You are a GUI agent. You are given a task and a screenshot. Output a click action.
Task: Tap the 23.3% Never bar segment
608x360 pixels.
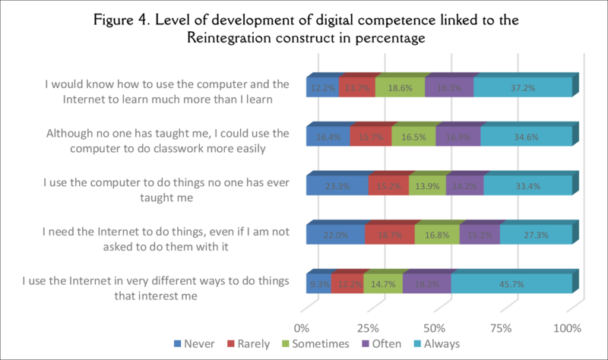(337, 186)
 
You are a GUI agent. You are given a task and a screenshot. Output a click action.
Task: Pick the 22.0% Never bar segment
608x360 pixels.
(335, 235)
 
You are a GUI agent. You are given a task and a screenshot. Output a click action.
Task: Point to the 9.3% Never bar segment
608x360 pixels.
(318, 283)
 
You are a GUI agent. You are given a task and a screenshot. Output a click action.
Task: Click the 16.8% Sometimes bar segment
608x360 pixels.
(436, 235)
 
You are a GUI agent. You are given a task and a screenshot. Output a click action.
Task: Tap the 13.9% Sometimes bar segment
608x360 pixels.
(427, 186)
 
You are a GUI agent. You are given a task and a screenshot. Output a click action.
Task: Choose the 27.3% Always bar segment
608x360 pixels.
(535, 235)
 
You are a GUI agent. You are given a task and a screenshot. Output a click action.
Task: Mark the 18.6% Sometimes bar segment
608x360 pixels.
(400, 89)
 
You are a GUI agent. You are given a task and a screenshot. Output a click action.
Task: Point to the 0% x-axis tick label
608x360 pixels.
(302, 328)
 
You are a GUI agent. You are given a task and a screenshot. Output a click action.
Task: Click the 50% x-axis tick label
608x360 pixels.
(434, 328)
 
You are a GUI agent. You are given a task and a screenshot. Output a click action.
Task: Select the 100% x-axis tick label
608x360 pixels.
(566, 328)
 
